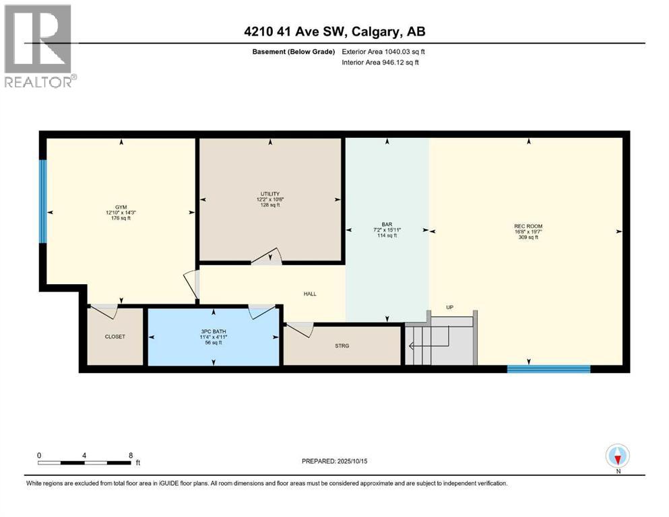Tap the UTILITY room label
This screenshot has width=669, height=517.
click(x=270, y=194)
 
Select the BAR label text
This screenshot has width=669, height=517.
click(x=387, y=224)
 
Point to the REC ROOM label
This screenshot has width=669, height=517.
click(x=528, y=226)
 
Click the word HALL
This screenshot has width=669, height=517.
click(x=310, y=294)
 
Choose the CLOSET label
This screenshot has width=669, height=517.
click(x=115, y=337)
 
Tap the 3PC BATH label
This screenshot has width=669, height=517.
click(x=213, y=331)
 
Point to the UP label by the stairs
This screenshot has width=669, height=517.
click(x=450, y=307)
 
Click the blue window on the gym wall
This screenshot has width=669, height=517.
click(x=43, y=202)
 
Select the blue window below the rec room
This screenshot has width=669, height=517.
click(x=548, y=368)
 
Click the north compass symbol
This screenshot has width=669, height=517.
click(x=617, y=456)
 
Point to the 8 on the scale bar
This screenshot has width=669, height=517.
click(x=130, y=455)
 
